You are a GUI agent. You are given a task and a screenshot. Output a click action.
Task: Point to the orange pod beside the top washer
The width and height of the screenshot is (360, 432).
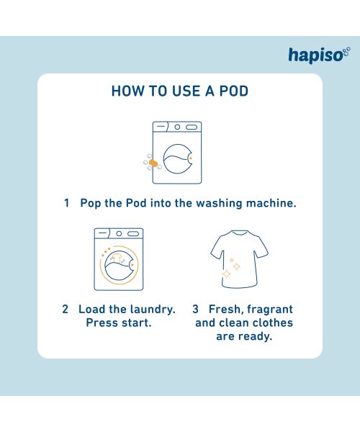coord(153,163)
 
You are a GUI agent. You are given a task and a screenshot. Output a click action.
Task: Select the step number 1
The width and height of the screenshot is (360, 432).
coord(67,204)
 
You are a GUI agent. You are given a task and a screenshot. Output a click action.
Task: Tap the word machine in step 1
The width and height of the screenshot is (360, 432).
coord(270,204)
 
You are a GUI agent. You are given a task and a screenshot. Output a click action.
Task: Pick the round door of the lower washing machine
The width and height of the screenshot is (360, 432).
coord(119,268)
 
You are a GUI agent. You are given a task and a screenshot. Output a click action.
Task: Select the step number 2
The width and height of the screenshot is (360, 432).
coord(65,309)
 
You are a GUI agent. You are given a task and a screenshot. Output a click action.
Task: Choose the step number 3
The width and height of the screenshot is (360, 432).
coord(195,309)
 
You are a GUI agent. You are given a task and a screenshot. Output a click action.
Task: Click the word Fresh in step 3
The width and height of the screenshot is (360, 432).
coord(225,309)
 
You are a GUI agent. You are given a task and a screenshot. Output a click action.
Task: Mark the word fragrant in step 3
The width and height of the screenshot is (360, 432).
coord(269,309)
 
